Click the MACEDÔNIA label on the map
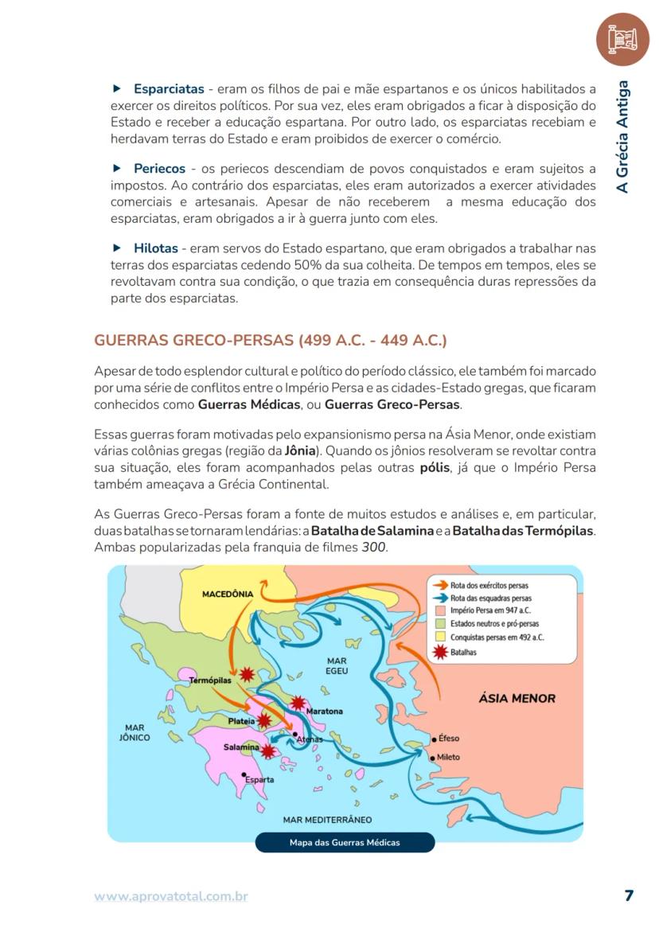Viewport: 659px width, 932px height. click(x=228, y=594)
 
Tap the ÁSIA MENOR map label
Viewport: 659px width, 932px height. click(x=517, y=698)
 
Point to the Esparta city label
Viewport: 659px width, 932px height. click(x=259, y=779)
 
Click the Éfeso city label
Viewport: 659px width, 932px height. click(x=449, y=738)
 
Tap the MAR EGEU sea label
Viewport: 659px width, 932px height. click(x=337, y=666)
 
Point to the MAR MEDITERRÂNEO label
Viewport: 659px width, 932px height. click(x=327, y=819)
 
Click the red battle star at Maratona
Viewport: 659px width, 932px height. click(x=298, y=703)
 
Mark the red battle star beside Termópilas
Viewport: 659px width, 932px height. click(x=247, y=674)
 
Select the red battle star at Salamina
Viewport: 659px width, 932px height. click(x=268, y=751)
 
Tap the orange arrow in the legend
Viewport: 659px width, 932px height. click(x=439, y=585)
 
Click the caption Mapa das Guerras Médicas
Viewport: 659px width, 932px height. click(x=345, y=842)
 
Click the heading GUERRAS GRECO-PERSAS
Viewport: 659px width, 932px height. click(x=271, y=341)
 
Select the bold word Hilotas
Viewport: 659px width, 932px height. click(x=155, y=248)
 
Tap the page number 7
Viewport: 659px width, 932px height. click(x=629, y=895)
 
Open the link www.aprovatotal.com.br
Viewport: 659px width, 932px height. click(x=171, y=896)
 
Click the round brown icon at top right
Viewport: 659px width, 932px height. click(x=622, y=39)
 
